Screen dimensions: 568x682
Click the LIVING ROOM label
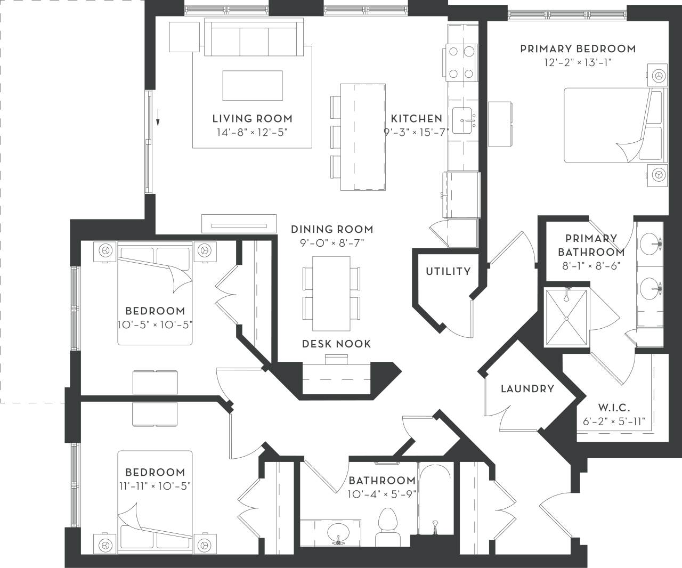252,119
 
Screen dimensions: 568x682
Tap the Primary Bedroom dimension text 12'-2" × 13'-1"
578,62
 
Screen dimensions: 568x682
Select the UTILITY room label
448,272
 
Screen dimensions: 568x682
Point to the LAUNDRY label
527,389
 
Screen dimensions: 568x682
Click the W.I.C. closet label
614,408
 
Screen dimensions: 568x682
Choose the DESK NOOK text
336,344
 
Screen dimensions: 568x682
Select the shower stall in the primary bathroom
566,318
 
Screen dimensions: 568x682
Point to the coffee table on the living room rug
253,85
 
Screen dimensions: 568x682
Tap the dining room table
331,294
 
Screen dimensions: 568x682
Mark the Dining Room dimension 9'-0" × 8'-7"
332,243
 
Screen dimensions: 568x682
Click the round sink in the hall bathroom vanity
337,532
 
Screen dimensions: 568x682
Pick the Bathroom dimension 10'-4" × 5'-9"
381,493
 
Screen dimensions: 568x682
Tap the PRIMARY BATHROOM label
591,245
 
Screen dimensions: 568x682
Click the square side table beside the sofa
184,37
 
